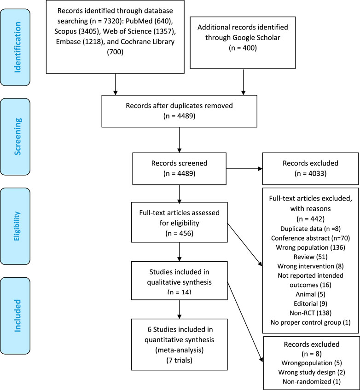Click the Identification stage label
(17, 47)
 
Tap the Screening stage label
(17, 137)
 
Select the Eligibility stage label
(17, 226)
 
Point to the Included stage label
(17, 315)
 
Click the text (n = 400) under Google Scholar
(243, 48)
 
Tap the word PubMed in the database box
(139, 21)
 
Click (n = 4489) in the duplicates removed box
(179, 116)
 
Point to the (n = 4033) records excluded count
(310, 173)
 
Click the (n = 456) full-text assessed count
(179, 233)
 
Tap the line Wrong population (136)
(310, 247)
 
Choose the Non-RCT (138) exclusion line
(310, 313)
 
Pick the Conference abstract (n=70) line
(310, 238)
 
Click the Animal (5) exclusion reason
(310, 294)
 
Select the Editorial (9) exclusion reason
(310, 304)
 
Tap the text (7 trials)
(179, 361)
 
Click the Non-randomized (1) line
(312, 382)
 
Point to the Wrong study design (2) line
(312, 373)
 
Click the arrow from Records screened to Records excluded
(244, 169)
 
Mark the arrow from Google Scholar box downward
(243, 82)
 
